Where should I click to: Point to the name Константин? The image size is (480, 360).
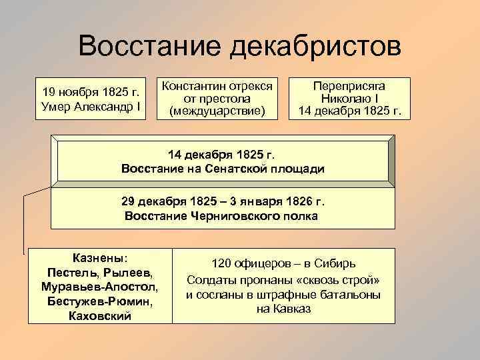tap(193, 85)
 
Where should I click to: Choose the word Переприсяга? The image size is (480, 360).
tap(349, 86)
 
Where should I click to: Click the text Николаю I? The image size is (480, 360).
tap(349, 98)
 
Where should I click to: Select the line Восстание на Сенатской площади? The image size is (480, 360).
tap(223, 169)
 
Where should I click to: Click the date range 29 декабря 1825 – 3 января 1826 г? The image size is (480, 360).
tap(223, 201)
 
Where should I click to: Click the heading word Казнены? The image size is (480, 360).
tap(99, 258)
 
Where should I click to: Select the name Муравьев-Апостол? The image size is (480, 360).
tap(99, 287)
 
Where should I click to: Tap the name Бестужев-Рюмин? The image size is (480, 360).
tap(99, 301)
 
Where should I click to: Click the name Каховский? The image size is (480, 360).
tap(99, 316)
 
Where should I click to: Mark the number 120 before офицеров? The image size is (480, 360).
tap(222, 263)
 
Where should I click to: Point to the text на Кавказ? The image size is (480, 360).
tap(283, 309)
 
